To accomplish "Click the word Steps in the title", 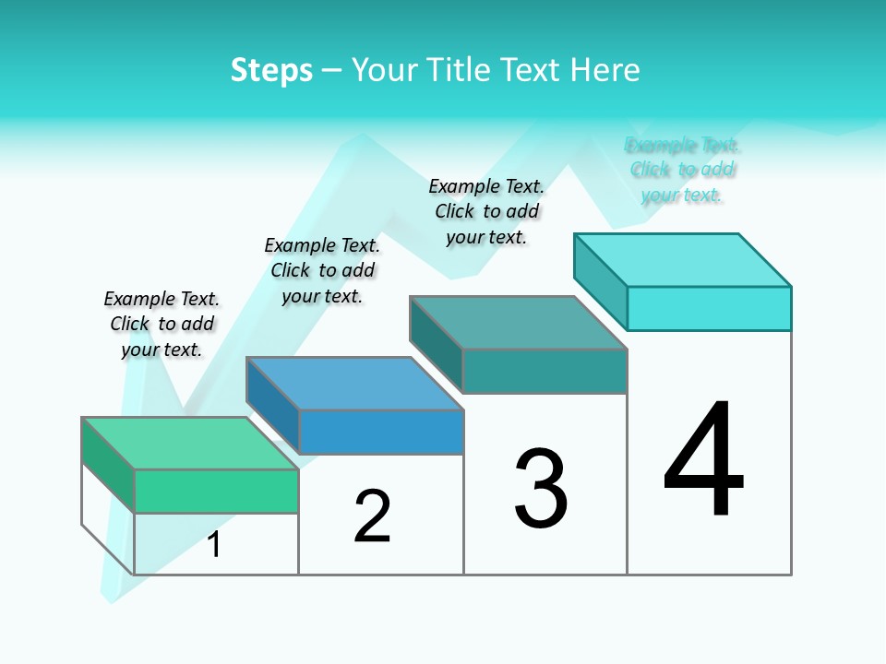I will point(271,70).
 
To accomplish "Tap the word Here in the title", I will point(605,70).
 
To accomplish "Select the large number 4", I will point(704,460).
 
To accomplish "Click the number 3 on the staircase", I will point(541,489).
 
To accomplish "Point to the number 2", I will point(373,516).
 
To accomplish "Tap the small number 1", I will point(214,545).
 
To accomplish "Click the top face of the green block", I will point(189,443).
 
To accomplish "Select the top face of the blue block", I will point(354,383).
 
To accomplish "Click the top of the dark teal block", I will point(518,323).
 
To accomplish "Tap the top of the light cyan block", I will point(683,260).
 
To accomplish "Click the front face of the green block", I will point(216,491).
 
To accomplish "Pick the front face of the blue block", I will point(381,432).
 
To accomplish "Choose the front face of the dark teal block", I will point(545,371).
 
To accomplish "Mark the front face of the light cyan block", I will point(709,308).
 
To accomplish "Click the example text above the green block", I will point(162,324).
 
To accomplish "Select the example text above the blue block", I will point(322,270).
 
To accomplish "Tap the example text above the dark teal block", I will point(486,211).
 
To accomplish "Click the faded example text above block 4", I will point(682,170).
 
